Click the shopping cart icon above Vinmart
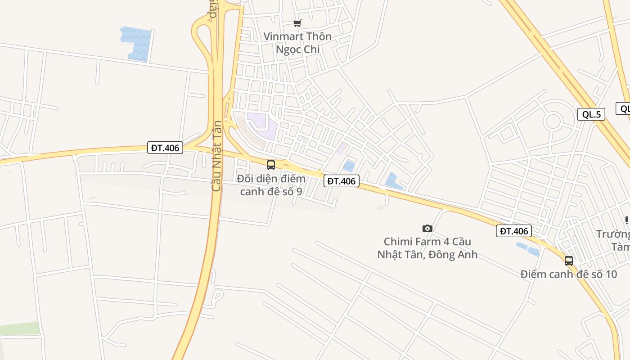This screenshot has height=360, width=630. (297, 23)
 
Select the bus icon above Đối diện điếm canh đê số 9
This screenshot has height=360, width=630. (271, 165)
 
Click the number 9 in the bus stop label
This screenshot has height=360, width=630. (299, 191)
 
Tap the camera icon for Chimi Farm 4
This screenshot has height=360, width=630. (427, 229)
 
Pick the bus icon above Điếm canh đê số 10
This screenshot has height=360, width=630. (569, 261)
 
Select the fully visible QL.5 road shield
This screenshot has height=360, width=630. (591, 114)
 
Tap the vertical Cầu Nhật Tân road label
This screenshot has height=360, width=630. (216, 156)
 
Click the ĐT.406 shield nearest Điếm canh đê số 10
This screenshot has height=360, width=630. (514, 231)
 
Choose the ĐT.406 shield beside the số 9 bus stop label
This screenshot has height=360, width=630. (342, 181)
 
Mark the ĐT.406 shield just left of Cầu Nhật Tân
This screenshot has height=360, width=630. (165, 148)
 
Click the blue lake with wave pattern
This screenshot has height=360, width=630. (136, 43)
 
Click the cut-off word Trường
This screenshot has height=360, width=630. (613, 234)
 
